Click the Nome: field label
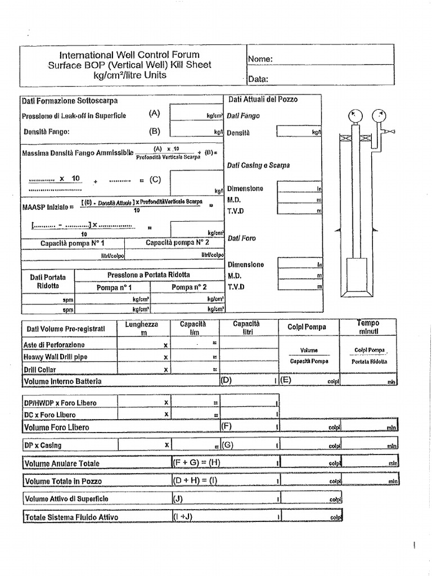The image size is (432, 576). coord(260,59)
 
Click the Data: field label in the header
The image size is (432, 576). coord(258,79)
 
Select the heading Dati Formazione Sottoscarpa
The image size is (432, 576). coord(70,101)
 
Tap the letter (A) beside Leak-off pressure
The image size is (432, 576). coord(155,113)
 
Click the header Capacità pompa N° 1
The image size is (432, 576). coord(72,244)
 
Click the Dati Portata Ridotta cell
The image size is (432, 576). coord(48,281)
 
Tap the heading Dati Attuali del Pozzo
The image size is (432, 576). coord(263,100)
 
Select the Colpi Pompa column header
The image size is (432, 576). coord(307,327)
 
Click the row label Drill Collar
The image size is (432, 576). coord(40,369)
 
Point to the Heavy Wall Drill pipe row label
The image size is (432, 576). coord(55,357)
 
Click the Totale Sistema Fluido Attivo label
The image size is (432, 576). coord(71,517)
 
